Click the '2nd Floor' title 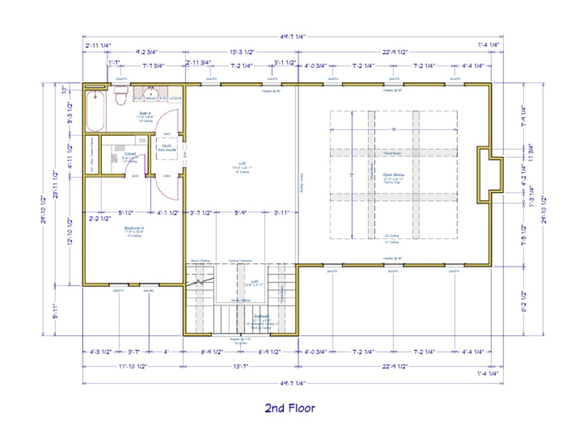(290, 408)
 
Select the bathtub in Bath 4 (96, 110)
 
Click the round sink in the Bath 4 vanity (150, 93)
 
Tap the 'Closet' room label (130, 154)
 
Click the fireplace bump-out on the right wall (491, 174)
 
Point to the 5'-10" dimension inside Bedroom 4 (126, 212)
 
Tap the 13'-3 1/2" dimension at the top (243, 52)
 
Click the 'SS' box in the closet (142, 140)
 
